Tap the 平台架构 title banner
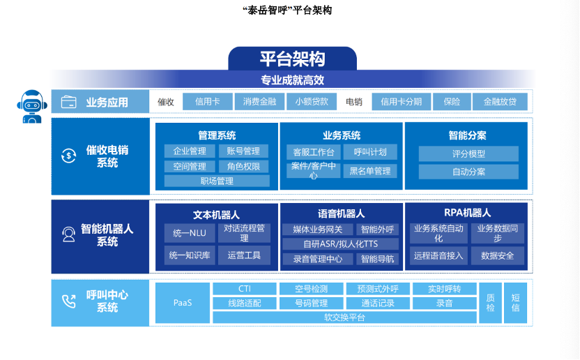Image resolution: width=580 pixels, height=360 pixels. click(x=292, y=59)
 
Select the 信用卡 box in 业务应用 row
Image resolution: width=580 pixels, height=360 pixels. click(x=208, y=102)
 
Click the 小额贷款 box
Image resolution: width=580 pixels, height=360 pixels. click(x=311, y=102)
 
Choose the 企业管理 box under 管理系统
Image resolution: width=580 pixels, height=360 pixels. click(x=189, y=151)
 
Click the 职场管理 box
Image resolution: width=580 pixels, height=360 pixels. click(x=217, y=181)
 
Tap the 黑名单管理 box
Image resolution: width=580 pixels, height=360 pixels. click(x=369, y=171)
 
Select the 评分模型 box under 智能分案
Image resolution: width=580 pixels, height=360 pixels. click(x=468, y=154)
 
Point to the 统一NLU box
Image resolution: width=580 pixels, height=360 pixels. click(x=189, y=233)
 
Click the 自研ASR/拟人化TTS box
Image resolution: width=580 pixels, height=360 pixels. click(x=339, y=244)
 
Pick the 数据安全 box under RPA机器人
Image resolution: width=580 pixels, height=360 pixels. click(x=497, y=256)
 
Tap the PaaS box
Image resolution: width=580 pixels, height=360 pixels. click(x=182, y=303)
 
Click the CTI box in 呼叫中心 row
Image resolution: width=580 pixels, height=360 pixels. click(x=244, y=289)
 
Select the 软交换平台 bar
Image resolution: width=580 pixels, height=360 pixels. click(x=344, y=317)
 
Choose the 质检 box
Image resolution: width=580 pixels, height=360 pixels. click(x=490, y=303)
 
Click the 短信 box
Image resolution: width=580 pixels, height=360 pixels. click(x=515, y=303)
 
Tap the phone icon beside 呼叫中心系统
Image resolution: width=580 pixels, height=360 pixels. click(x=68, y=302)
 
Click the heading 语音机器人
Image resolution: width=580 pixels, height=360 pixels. click(x=341, y=213)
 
